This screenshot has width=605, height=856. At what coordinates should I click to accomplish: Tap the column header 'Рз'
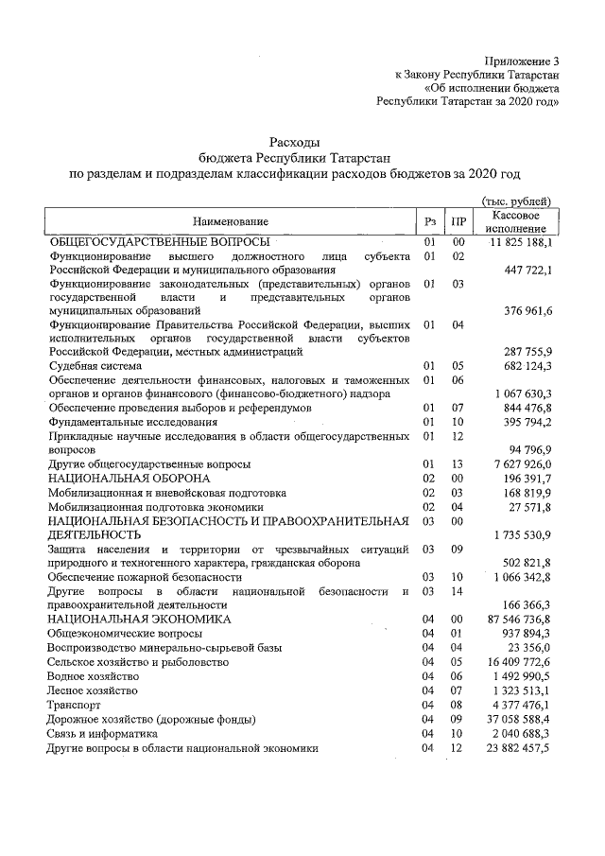pos(429,222)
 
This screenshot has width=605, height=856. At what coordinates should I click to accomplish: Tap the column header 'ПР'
pos(458,222)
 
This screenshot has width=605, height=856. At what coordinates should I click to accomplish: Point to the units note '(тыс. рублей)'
pos(517,201)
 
